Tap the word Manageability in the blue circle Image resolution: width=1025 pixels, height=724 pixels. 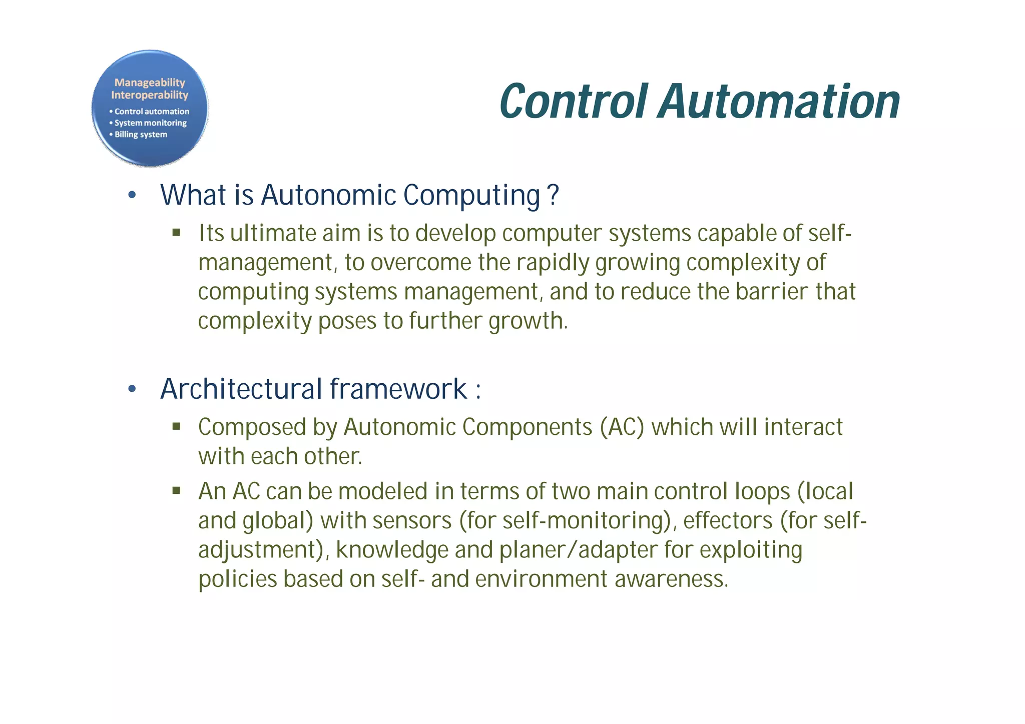pyautogui.click(x=150, y=83)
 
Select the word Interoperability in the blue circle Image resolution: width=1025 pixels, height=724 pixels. pyautogui.click(x=150, y=95)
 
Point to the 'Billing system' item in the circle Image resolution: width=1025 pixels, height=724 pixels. pyautogui.click(x=141, y=135)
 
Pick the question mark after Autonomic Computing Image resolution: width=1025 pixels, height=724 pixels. pyautogui.click(x=553, y=195)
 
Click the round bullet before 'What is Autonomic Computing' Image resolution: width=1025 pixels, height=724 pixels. pyautogui.click(x=132, y=195)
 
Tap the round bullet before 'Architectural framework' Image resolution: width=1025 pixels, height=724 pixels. pyautogui.click(x=132, y=389)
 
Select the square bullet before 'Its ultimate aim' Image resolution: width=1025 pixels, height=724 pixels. pyautogui.click(x=176, y=233)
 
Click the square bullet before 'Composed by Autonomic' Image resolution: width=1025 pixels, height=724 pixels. pyautogui.click(x=176, y=427)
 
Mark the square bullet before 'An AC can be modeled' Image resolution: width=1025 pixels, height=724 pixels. pyautogui.click(x=176, y=491)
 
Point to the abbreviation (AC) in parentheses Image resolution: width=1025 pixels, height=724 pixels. pyautogui.click(x=622, y=427)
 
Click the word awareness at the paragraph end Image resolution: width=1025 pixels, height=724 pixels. pyautogui.click(x=670, y=579)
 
